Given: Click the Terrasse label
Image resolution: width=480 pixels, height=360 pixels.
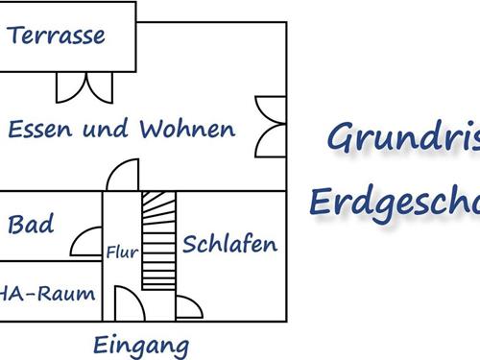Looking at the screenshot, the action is [x=57, y=36].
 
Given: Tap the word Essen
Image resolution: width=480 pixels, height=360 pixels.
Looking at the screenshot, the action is [x=38, y=129].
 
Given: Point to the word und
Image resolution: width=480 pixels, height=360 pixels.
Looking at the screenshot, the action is [x=106, y=129].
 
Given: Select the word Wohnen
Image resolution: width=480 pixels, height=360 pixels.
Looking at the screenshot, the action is [x=187, y=129].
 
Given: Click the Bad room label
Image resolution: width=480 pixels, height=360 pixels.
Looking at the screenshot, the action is [x=31, y=227].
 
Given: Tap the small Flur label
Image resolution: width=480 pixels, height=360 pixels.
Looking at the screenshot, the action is [x=122, y=253].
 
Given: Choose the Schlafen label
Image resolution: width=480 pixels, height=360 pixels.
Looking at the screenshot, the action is [x=229, y=244].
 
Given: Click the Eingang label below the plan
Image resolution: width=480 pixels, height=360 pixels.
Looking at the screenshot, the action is [x=141, y=345].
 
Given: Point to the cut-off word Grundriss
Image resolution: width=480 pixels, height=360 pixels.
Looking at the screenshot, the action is [x=403, y=138].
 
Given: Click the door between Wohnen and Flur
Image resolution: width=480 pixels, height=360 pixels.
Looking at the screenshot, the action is [x=122, y=179].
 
